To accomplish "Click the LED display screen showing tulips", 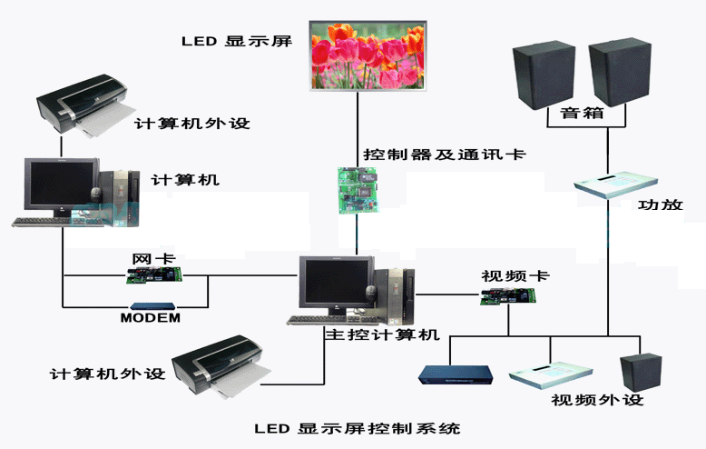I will [367, 56].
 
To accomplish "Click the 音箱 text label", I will [582, 115].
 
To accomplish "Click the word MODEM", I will [151, 318].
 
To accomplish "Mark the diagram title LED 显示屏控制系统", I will [357, 427].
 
